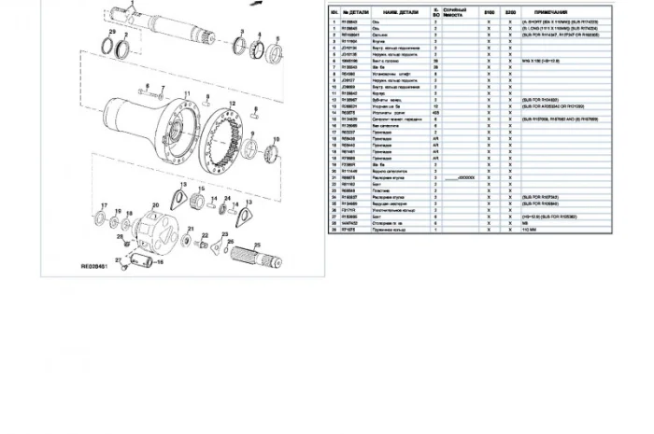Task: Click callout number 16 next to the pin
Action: [x=159, y=263]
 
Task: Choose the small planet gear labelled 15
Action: [x=196, y=201]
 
